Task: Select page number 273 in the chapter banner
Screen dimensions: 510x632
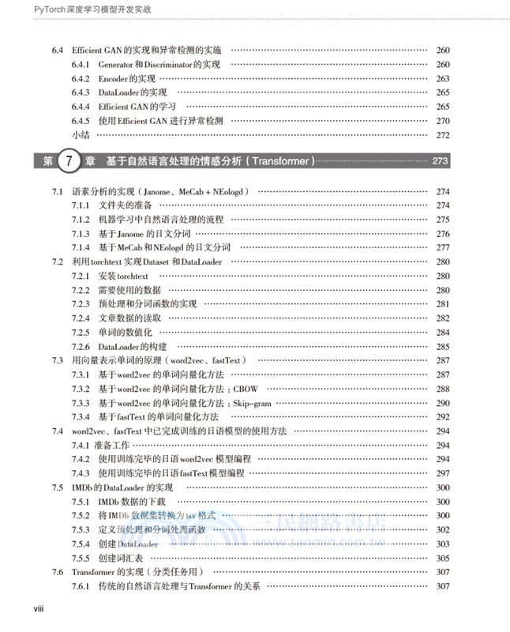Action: click(x=441, y=161)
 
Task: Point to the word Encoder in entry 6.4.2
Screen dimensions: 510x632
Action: click(x=114, y=78)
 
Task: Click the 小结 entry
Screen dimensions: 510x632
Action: click(x=81, y=135)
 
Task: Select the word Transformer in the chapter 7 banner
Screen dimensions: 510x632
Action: click(x=283, y=161)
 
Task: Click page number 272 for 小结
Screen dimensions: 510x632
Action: click(x=442, y=135)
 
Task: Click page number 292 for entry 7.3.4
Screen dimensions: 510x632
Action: click(x=442, y=416)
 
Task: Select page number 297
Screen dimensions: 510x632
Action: click(x=442, y=472)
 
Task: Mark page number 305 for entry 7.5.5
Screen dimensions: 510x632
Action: click(x=442, y=557)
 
